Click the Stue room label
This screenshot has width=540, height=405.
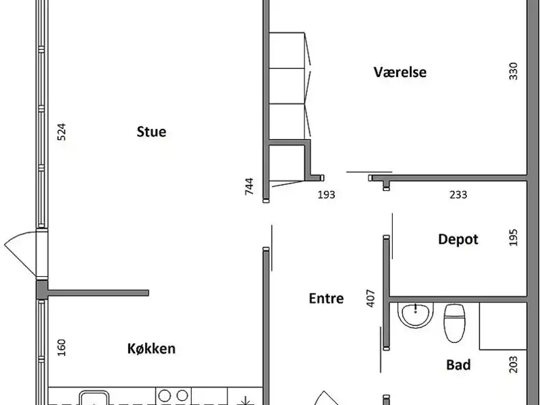click(x=151, y=132)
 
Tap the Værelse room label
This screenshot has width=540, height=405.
click(x=400, y=72)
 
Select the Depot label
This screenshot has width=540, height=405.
click(x=458, y=240)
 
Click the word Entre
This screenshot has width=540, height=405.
click(x=326, y=298)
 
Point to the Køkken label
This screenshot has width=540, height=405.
click(x=151, y=348)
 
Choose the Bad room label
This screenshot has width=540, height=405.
click(x=458, y=364)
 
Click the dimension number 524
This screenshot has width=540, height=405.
click(x=61, y=132)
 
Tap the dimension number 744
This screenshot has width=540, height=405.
click(x=249, y=186)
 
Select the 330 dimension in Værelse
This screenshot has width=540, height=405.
click(x=513, y=71)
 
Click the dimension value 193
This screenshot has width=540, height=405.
click(x=326, y=195)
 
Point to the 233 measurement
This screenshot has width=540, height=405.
click(x=458, y=195)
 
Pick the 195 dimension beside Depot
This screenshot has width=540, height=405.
click(x=513, y=238)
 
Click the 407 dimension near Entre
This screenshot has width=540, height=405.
click(x=371, y=298)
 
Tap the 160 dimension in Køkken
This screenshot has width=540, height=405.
click(x=61, y=348)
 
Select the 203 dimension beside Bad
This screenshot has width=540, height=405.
click(x=513, y=364)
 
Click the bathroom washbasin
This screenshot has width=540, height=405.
click(x=415, y=314)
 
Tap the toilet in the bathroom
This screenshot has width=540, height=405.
click(x=454, y=323)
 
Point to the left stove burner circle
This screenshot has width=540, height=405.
click(x=165, y=396)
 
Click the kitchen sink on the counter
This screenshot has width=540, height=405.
click(x=94, y=398)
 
